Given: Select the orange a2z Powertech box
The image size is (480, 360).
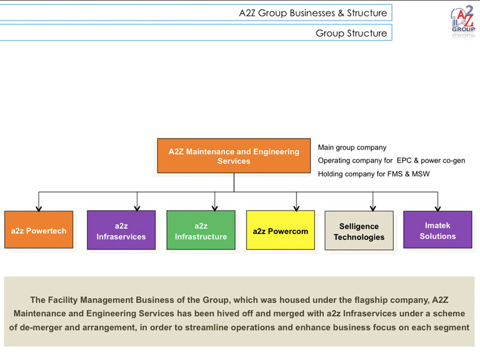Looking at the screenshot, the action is pos(39,230).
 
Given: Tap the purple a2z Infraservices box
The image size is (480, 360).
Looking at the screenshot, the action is pos(121,230).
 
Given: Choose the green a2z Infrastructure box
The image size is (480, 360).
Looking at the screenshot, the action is pos(201,230).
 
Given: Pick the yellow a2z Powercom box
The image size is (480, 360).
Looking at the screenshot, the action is pos(280,230).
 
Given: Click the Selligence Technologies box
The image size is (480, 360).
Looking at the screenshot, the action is pos(359,230).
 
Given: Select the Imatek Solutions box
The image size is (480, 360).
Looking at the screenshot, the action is pos(438,230).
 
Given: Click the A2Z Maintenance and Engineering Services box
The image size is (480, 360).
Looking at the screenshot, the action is pos(234,156).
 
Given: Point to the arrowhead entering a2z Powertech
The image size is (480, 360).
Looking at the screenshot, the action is pos(38,209).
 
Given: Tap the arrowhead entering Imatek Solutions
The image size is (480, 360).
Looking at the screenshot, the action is pos(438,209).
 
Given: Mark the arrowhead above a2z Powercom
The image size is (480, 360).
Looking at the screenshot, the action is pos(296,208).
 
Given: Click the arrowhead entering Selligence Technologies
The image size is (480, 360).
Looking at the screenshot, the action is pos(373,208).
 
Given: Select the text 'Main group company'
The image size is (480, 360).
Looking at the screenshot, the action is pos(352,148).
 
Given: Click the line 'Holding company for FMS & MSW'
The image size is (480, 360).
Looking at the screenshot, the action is pos(374,174).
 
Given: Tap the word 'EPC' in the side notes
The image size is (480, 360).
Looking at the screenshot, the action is pos(404,160).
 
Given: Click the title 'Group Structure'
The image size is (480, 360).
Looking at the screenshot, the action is pos(351,33).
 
